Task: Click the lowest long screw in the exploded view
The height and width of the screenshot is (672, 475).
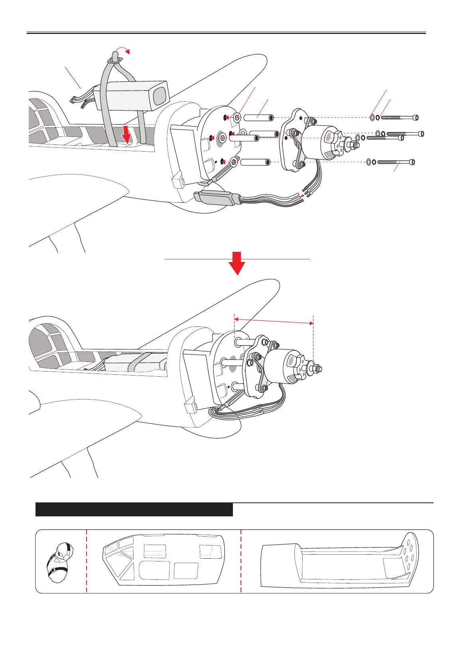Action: pos(396,162)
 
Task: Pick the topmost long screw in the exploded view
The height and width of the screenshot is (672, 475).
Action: pos(400,118)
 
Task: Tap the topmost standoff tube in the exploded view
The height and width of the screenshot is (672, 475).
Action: pos(258,118)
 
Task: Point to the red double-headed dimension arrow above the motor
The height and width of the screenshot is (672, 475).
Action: pos(274,321)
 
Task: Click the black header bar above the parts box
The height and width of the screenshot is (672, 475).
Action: pos(134,510)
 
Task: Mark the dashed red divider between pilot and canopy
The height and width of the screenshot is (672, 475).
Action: pos(87,561)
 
